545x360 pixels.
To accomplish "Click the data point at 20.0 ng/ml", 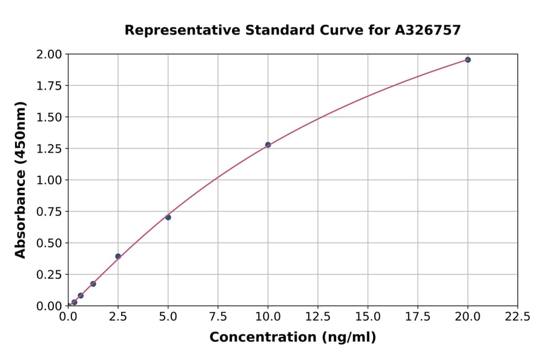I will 467,60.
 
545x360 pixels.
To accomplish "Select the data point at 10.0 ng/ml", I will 268,145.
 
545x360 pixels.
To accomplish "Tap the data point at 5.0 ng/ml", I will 168,217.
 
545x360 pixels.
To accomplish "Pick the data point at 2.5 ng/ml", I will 118,256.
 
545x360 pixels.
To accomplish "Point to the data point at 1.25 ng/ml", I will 93,284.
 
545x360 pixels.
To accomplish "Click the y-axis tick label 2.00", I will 49,55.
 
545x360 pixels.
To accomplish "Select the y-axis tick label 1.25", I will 49,148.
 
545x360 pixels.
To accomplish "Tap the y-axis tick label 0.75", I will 49,212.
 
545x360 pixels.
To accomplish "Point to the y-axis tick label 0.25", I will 49,275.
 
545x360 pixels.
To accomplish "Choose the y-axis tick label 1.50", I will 49,117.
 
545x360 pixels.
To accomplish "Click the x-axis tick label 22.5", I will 518,317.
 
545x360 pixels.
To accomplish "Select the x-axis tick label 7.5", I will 218,317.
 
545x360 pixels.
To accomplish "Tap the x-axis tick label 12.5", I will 318,317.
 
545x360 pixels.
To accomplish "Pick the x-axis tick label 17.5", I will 418,317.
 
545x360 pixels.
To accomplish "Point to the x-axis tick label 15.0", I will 368,317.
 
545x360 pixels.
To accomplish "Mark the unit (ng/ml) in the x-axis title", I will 350,338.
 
